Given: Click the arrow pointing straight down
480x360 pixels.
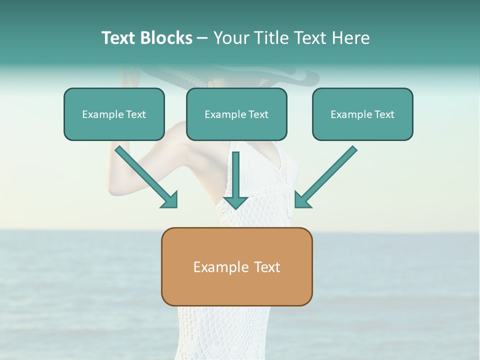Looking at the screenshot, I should click(x=235, y=180).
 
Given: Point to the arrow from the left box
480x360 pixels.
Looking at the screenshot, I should click(x=145, y=175).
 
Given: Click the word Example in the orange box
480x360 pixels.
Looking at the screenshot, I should click(x=217, y=267).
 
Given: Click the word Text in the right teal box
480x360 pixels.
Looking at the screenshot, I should click(x=384, y=114).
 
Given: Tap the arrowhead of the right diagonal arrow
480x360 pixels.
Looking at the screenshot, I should click(x=302, y=200).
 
